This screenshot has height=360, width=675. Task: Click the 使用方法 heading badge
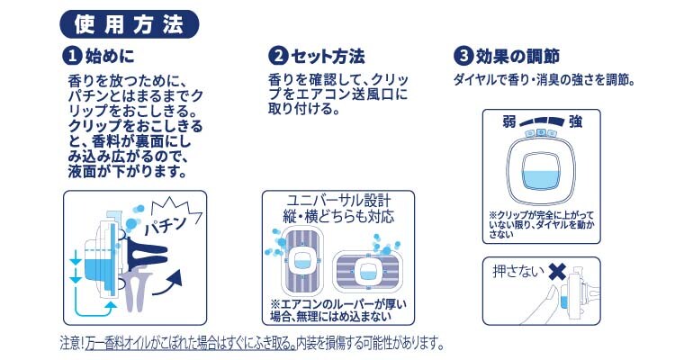pyautogui.click(x=129, y=24)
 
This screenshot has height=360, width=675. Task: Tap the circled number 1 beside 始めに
pyautogui.click(x=72, y=56)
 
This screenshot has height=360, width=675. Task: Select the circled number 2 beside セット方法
pyautogui.click(x=278, y=56)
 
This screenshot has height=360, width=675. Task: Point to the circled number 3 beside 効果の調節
pyautogui.click(x=463, y=56)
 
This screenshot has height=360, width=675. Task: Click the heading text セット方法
pyautogui.click(x=328, y=57)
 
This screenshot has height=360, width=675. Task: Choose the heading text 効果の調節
pyautogui.click(x=517, y=57)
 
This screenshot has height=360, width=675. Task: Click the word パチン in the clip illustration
pyautogui.click(x=166, y=225)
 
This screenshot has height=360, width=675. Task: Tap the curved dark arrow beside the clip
pyautogui.click(x=167, y=283)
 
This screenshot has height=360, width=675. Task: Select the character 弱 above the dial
pyautogui.click(x=509, y=121)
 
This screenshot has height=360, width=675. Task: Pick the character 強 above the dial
pyautogui.click(x=575, y=121)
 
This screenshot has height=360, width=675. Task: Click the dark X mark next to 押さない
pyautogui.click(x=558, y=271)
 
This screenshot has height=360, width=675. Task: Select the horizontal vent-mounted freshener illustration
pyautogui.click(x=367, y=271)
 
